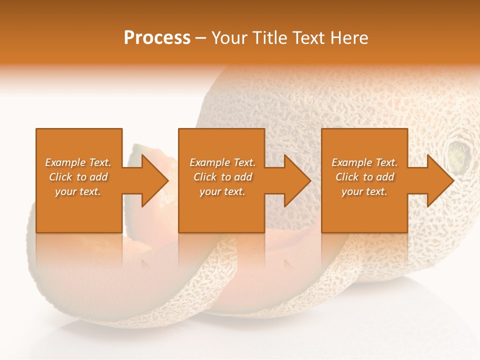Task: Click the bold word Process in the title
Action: point(157,38)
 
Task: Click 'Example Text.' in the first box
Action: point(78,162)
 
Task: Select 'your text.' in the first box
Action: point(78,191)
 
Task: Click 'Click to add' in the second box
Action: point(222,177)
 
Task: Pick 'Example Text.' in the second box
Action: point(222,162)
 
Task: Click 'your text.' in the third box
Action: point(364,191)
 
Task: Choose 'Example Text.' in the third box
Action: point(364,162)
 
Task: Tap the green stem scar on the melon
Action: point(459,154)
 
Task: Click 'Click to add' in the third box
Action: point(364,177)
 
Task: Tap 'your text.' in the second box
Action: point(222,191)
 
